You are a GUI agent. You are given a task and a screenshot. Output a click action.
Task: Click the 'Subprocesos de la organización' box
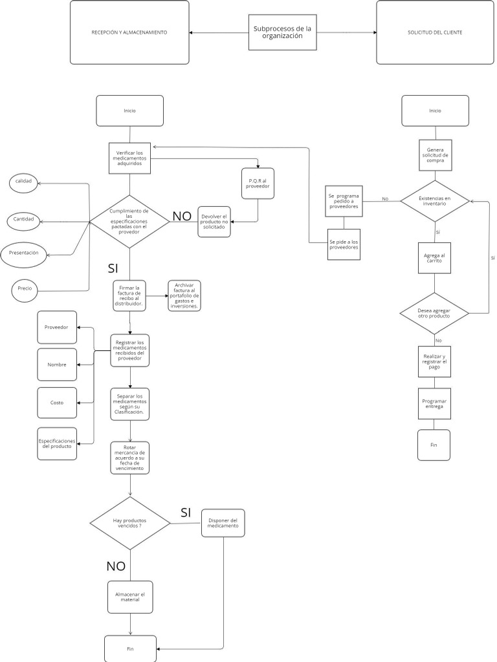point(282,32)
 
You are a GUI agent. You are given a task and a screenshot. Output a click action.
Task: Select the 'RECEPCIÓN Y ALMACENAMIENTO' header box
point(129,32)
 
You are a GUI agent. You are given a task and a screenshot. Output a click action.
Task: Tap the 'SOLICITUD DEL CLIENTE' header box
point(435,32)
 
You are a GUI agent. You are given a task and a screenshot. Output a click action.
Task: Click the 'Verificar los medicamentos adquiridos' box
point(129,158)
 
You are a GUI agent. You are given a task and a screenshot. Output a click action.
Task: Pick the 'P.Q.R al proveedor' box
point(258,183)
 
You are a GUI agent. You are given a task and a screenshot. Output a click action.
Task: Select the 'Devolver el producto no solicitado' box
point(214,222)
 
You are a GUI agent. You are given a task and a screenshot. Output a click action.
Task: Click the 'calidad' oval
point(24,182)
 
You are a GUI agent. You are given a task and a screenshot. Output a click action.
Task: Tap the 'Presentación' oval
point(24,253)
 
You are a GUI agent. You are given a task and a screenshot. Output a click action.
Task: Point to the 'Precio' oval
point(25,288)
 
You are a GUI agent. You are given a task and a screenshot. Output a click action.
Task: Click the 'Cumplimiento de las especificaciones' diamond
point(129,222)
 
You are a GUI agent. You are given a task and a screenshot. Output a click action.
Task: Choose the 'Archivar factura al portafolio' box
point(184,296)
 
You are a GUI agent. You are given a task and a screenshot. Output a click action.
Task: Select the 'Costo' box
point(57,403)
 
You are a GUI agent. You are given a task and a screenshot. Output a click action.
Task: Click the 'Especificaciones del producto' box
point(57,443)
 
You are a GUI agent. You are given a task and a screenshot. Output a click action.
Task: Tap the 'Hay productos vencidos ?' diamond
point(129,523)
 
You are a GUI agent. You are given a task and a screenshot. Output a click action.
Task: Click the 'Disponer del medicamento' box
point(223,523)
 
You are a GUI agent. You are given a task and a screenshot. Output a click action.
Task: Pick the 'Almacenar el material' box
point(130,597)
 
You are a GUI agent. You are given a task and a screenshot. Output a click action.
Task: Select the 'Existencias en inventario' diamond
point(434,201)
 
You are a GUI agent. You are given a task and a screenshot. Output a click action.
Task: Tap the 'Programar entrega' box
point(434,405)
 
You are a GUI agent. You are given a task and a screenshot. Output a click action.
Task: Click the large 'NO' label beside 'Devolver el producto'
point(182,217)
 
